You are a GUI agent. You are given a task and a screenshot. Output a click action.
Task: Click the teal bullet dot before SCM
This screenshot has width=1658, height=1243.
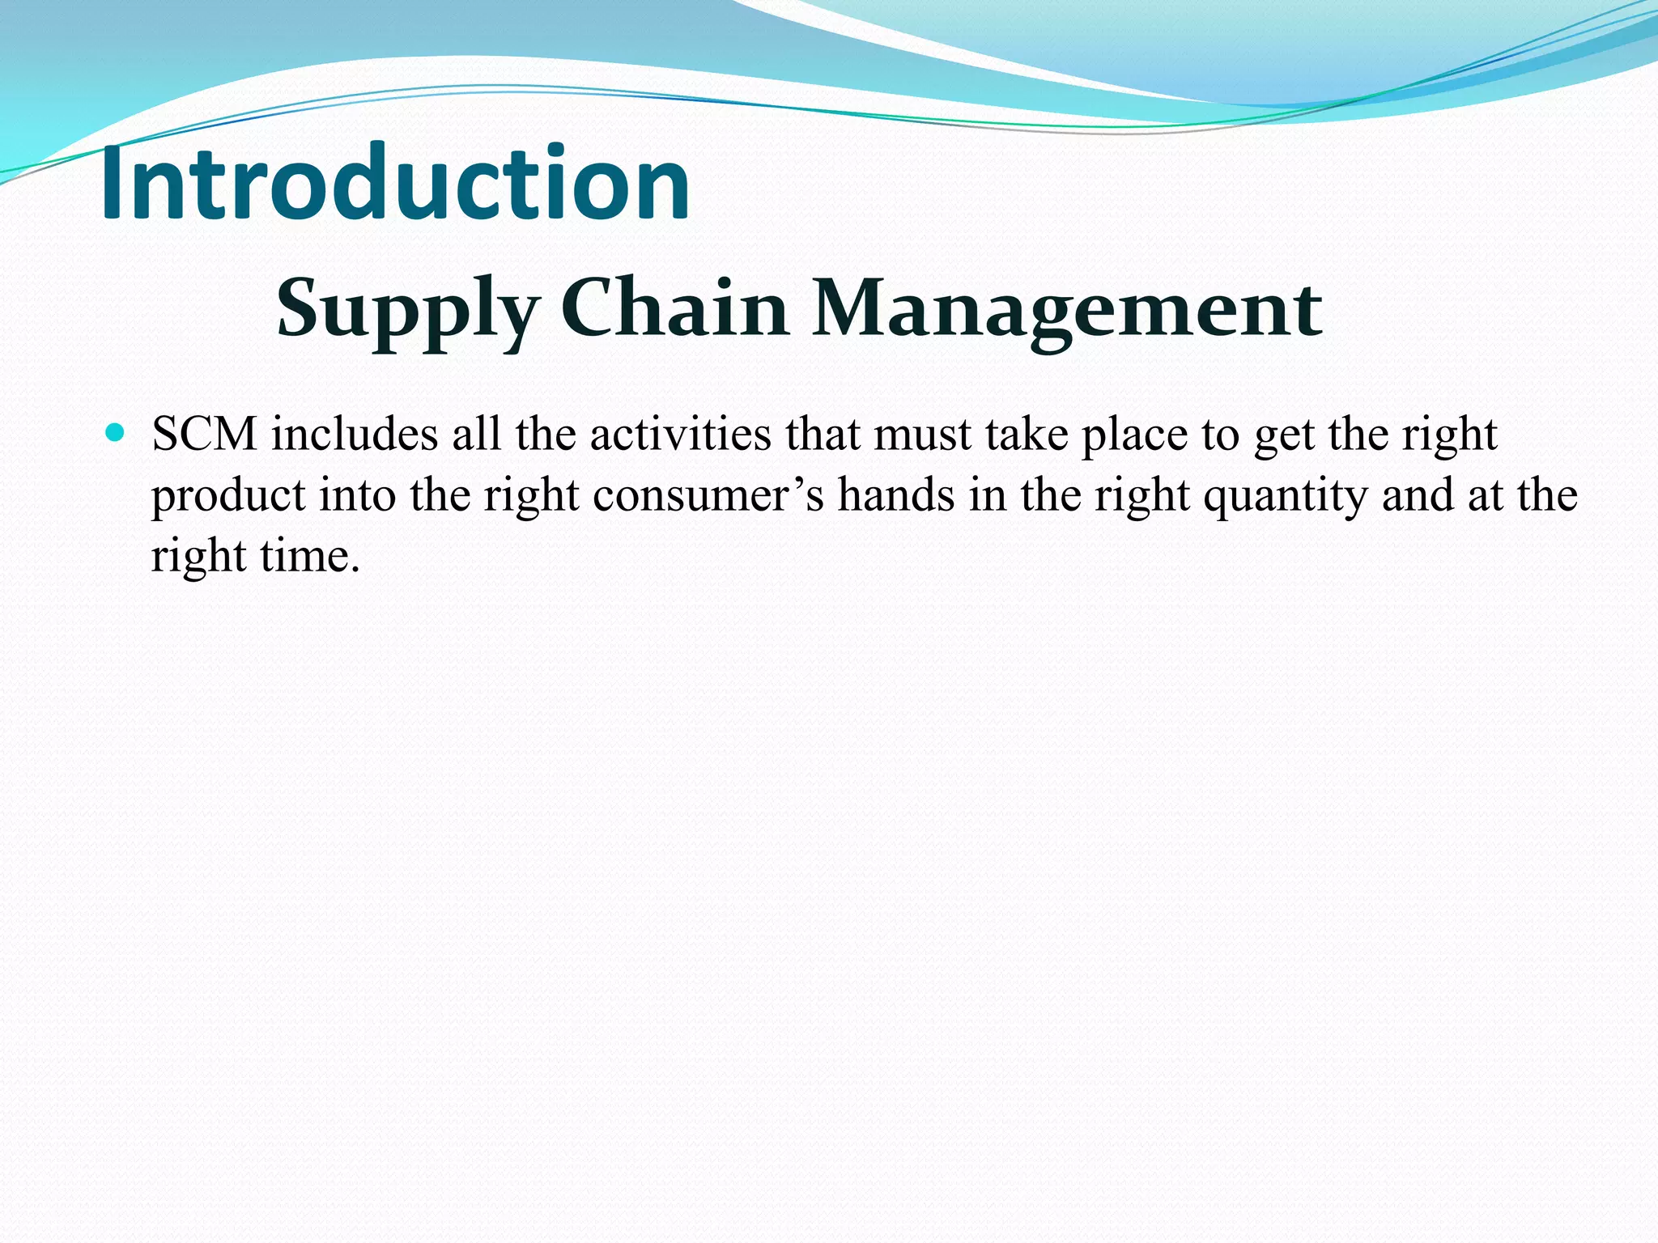pos(115,433)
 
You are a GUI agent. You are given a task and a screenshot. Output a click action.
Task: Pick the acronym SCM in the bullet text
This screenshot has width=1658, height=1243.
pos(204,435)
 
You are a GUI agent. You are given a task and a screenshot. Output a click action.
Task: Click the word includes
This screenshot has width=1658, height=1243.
pos(355,435)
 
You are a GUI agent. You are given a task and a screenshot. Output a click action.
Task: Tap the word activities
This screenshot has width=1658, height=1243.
pos(680,435)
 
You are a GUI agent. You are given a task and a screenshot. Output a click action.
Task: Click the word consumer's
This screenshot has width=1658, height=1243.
pos(708,495)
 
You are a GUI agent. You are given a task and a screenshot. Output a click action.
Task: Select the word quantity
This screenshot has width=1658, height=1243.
pos(1286,497)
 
